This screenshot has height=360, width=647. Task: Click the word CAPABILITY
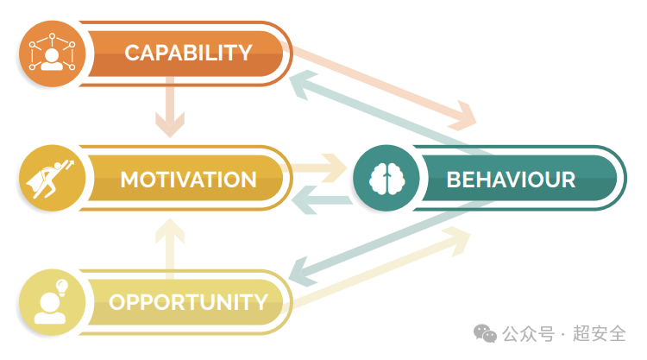(188, 54)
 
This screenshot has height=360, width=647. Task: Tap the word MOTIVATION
(188, 180)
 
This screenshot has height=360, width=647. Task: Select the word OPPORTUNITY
(188, 302)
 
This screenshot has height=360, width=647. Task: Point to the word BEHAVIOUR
(511, 180)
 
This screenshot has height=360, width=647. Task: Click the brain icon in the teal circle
(386, 179)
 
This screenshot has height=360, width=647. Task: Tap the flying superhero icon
(49, 179)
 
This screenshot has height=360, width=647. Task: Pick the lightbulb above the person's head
(62, 287)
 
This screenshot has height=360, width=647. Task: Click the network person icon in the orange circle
(52, 53)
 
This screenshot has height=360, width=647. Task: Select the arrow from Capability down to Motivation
(170, 106)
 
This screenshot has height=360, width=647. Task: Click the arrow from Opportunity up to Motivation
(170, 249)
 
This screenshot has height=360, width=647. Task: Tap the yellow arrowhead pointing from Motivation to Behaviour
(334, 168)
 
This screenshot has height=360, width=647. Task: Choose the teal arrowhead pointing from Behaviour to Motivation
(305, 200)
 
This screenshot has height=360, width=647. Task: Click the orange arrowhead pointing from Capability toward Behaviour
(463, 116)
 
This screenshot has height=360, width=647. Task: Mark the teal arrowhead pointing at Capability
(302, 85)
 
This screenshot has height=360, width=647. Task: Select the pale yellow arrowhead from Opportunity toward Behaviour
(457, 241)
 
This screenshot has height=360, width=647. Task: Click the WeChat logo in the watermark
(485, 333)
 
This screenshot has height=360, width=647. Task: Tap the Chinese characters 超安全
(600, 333)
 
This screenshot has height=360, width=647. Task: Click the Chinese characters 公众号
(528, 333)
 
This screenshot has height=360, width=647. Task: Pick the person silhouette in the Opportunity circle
(49, 309)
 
